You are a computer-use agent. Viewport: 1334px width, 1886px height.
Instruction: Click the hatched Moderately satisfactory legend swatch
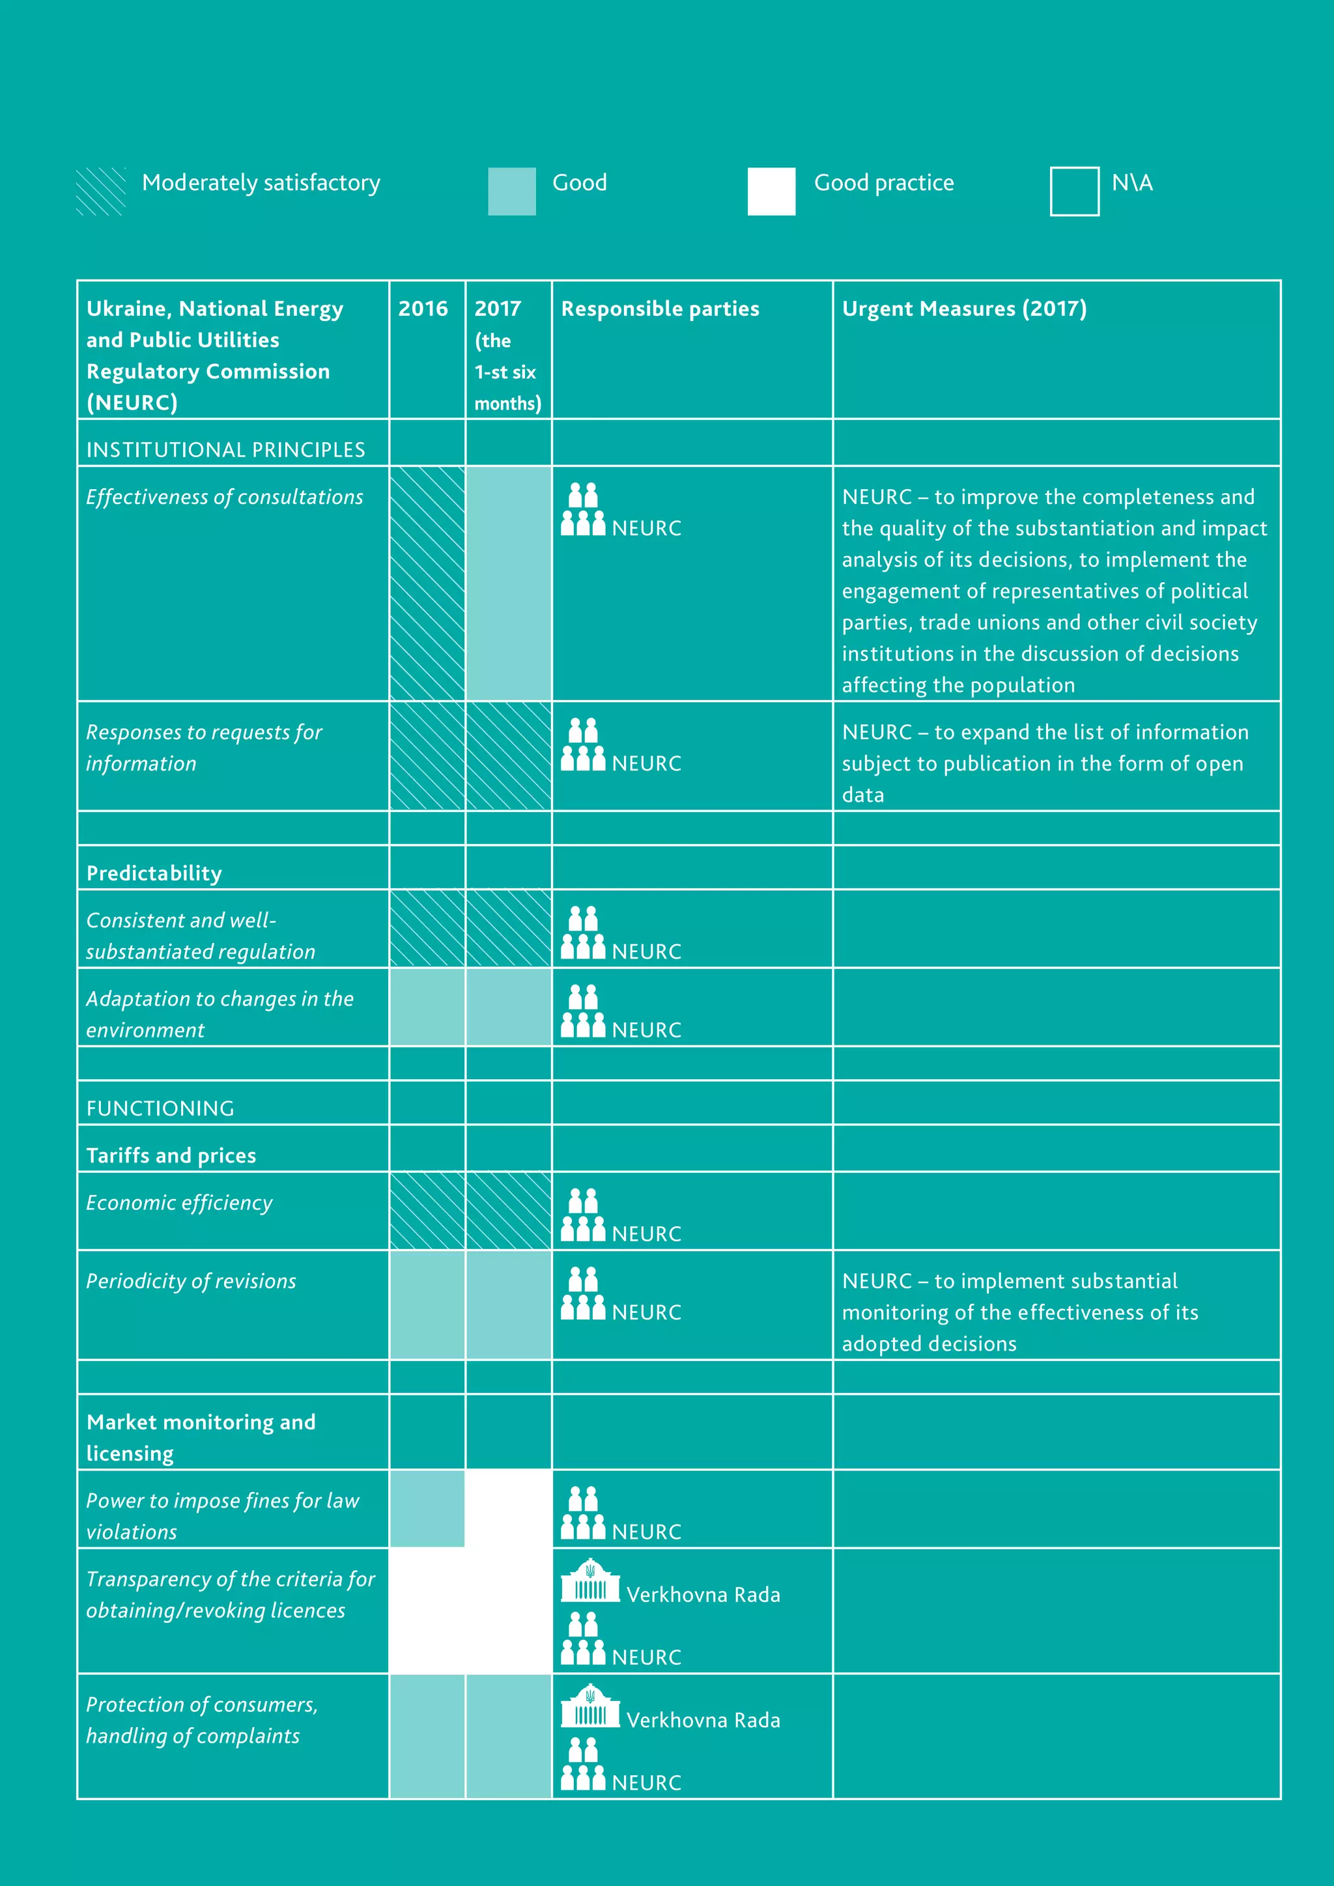click(100, 191)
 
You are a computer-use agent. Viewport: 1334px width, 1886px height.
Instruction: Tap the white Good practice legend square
click(771, 191)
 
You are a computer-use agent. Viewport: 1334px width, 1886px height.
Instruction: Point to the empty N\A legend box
click(1073, 191)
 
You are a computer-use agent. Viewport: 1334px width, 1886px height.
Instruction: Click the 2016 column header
click(423, 309)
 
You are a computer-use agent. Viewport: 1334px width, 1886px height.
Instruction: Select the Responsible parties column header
click(660, 309)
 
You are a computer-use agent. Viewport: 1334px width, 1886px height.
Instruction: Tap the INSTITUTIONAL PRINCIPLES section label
click(226, 449)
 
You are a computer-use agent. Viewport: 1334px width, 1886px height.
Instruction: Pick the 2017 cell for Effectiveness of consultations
click(509, 584)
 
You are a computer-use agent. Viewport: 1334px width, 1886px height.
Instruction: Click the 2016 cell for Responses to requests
click(427, 755)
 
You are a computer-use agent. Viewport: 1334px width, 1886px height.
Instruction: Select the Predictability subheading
click(154, 873)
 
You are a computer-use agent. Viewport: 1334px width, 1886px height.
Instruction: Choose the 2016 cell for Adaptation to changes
click(427, 1007)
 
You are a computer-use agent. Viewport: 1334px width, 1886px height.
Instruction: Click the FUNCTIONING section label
click(160, 1108)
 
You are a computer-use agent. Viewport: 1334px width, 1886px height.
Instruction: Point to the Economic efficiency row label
click(179, 1203)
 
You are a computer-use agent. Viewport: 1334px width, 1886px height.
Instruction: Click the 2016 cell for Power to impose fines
click(427, 1509)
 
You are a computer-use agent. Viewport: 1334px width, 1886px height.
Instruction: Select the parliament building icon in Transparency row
click(589, 1581)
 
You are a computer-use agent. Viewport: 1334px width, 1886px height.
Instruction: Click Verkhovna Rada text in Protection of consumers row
click(703, 1720)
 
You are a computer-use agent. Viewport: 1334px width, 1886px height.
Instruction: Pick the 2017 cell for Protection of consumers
click(509, 1736)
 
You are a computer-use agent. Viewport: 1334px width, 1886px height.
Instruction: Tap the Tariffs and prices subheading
click(171, 1155)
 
